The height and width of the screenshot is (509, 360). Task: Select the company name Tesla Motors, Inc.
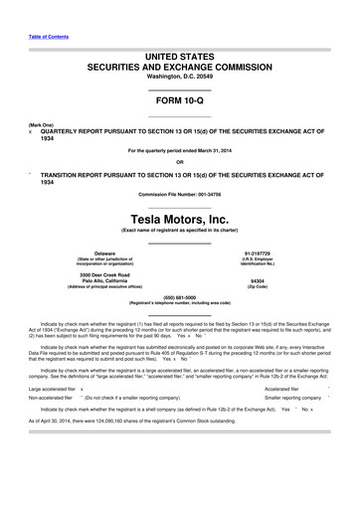click(180, 217)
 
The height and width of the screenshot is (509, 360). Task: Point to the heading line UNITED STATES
click(180, 60)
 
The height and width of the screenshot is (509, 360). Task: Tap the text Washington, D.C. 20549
click(180, 81)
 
